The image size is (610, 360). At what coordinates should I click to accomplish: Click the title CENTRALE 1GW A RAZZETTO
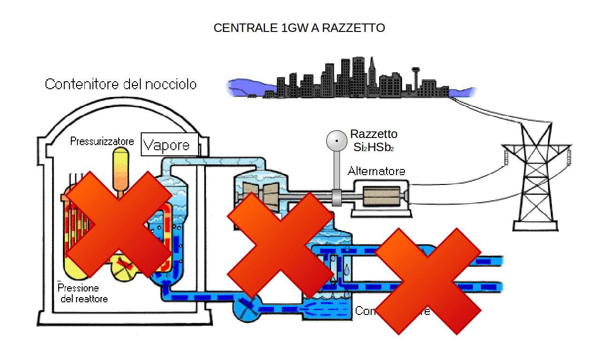pos(299,28)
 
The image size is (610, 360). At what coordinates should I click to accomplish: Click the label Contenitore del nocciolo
pos(121,84)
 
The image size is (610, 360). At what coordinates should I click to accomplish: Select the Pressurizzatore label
pos(102,141)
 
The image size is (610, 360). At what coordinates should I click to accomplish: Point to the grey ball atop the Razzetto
pos(336,140)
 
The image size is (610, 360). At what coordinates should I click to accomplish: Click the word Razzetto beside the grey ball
pos(374,134)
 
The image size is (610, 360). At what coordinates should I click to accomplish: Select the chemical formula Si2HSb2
pos(374,147)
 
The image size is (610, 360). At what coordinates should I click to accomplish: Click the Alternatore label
pos(376,171)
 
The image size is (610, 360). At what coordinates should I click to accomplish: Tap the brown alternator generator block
pos(381,197)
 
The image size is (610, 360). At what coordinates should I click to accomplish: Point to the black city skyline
pos(361,84)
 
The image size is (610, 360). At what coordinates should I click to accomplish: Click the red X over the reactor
pos(118,224)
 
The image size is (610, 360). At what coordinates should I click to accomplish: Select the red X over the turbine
pos(280,243)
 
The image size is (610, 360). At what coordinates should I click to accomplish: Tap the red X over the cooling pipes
pos(428,281)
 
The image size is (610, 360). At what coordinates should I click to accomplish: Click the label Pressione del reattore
pos(82,293)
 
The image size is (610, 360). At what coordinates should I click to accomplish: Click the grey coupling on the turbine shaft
pos(337,197)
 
